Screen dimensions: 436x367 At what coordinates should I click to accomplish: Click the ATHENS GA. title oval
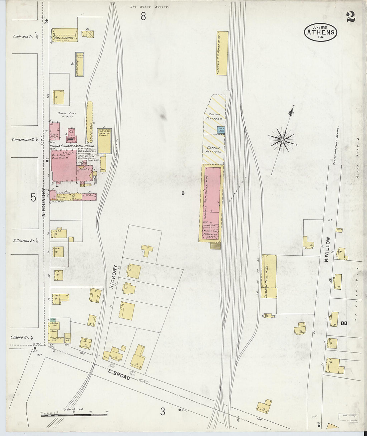320,32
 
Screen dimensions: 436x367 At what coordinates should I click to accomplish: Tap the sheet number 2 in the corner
350,17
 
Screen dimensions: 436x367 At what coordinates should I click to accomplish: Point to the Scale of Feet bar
74,415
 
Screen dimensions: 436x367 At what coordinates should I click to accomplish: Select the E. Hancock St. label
23,36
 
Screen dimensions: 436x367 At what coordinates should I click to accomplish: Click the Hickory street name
115,277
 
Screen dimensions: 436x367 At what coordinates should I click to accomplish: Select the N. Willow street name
328,249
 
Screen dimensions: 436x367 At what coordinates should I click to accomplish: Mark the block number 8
143,16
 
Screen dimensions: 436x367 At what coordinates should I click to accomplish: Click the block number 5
33,198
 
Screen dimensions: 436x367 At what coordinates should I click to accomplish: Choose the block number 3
162,412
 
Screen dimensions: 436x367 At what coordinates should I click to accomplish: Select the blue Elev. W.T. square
221,130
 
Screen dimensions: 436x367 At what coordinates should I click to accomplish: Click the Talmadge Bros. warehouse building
270,276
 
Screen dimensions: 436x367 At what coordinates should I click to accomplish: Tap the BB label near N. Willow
344,323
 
